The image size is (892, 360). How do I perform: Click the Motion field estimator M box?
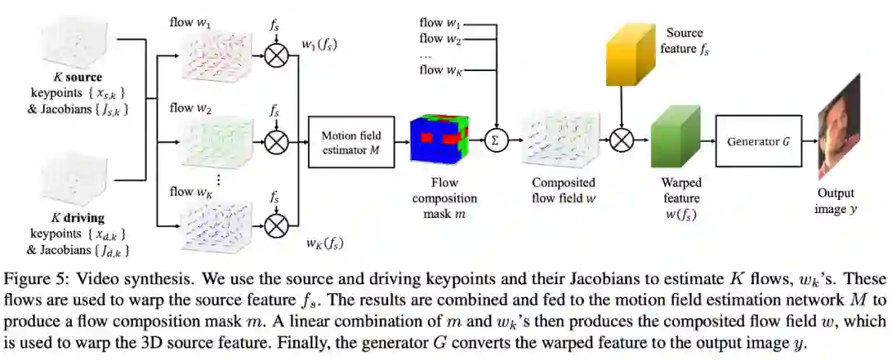click(349, 140)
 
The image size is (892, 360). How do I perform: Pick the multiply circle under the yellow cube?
click(620, 141)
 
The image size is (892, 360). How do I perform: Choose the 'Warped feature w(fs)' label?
click(681, 199)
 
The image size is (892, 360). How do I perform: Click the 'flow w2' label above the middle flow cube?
click(192, 108)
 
